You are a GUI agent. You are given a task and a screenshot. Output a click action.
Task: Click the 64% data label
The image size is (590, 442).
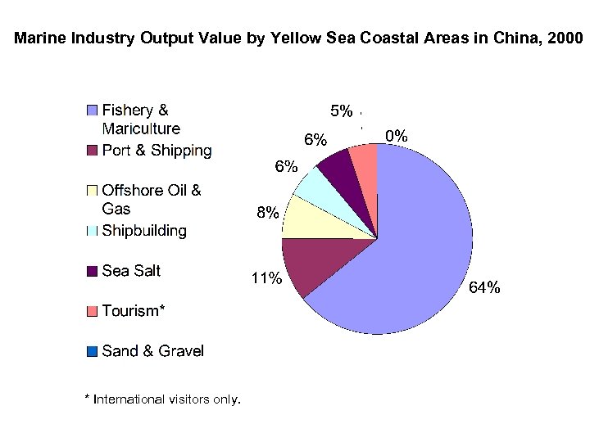(x=483, y=287)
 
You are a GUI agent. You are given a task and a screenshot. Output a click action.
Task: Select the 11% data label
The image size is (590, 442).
(x=266, y=279)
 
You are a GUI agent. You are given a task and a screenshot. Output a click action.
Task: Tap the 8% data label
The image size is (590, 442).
(x=267, y=213)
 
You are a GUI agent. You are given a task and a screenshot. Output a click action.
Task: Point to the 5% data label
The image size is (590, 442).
(x=341, y=110)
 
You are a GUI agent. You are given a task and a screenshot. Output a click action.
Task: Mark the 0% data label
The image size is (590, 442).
(x=397, y=136)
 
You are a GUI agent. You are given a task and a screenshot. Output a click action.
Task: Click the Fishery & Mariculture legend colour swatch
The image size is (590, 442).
(x=92, y=110)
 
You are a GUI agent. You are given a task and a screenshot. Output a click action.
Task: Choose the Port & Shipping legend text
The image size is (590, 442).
(x=157, y=151)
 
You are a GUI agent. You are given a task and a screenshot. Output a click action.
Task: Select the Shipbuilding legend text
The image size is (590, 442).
(x=144, y=231)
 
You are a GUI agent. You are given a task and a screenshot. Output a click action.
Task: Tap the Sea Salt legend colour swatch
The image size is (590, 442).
(x=92, y=271)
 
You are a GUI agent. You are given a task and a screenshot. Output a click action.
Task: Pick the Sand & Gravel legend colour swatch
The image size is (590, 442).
(x=92, y=351)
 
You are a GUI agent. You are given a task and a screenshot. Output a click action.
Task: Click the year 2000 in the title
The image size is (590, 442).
(x=565, y=38)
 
